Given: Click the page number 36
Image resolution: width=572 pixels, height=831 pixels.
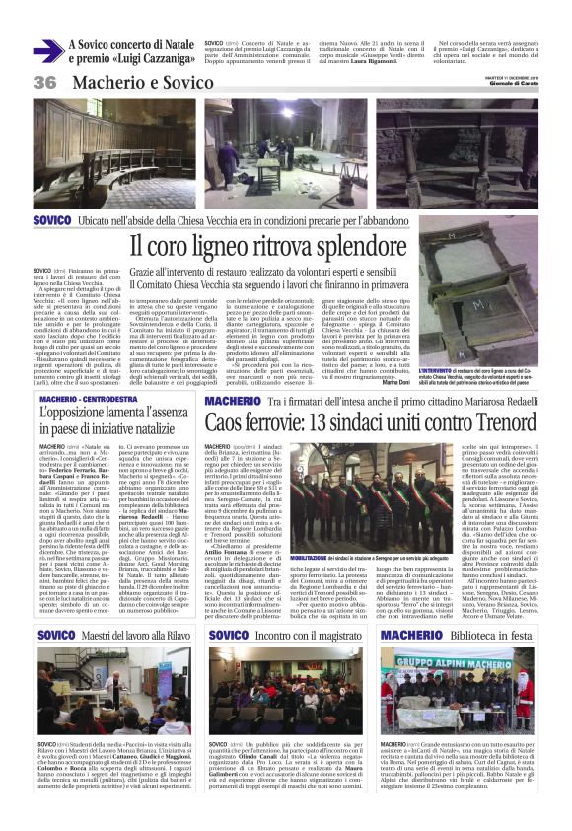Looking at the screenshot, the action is click(44, 82).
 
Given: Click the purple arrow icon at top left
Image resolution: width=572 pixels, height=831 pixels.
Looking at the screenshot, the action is click(60, 46).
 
